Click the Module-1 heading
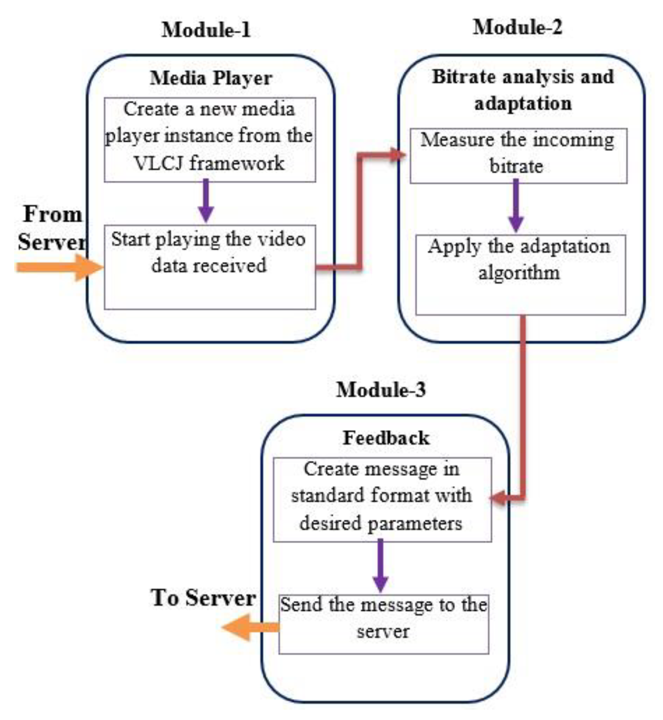pos(206,30)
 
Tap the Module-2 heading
pos(518,27)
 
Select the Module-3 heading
pos(381,390)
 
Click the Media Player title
pos(211,78)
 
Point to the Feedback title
pos(386,438)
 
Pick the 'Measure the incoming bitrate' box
pos(518,156)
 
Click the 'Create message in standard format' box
pos(382,499)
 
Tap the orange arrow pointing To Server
pos(250,627)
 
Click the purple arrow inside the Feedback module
pos(380,566)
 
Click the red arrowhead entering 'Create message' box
pos(498,499)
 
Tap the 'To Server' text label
pos(203,598)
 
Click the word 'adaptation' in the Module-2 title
pos(522,103)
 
